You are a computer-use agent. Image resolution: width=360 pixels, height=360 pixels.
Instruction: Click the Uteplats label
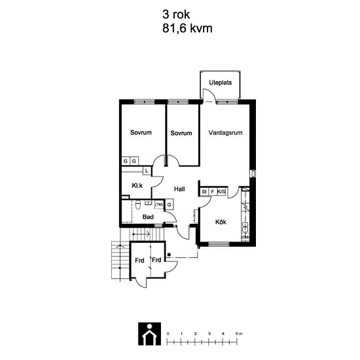click(x=220, y=82)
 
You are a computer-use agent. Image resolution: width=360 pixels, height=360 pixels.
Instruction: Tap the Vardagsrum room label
click(x=225, y=133)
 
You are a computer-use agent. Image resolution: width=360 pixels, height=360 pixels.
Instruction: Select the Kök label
click(x=221, y=222)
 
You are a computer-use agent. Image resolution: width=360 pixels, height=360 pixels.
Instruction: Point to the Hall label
click(x=179, y=189)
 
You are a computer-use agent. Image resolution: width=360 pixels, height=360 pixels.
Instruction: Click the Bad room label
click(x=148, y=217)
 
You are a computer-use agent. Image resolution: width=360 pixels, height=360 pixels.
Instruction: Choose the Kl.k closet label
click(x=137, y=185)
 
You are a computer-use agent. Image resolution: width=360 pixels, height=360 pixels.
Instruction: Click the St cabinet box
click(x=204, y=192)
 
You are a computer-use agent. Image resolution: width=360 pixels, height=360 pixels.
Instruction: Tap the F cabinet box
click(x=213, y=192)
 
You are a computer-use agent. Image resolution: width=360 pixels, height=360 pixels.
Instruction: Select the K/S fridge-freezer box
click(x=221, y=192)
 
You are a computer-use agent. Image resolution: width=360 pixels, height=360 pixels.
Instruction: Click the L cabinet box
click(x=147, y=171)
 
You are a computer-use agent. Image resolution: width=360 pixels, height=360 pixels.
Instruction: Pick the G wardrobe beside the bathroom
click(x=170, y=205)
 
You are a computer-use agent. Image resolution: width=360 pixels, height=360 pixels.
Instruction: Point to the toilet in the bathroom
click(x=137, y=205)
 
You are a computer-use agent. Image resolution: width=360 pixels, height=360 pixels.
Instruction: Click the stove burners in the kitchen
click(x=245, y=227)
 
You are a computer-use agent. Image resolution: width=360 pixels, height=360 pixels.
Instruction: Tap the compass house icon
click(x=149, y=334)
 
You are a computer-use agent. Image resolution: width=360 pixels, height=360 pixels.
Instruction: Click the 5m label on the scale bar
click(x=239, y=334)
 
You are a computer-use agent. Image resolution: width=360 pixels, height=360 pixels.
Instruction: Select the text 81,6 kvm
click(x=187, y=29)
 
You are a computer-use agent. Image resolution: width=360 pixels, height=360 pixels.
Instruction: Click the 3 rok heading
click(x=176, y=14)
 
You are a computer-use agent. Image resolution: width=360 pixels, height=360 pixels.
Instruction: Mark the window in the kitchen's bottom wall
click(x=219, y=244)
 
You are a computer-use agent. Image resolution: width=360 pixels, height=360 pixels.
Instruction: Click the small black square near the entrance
click(x=170, y=255)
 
